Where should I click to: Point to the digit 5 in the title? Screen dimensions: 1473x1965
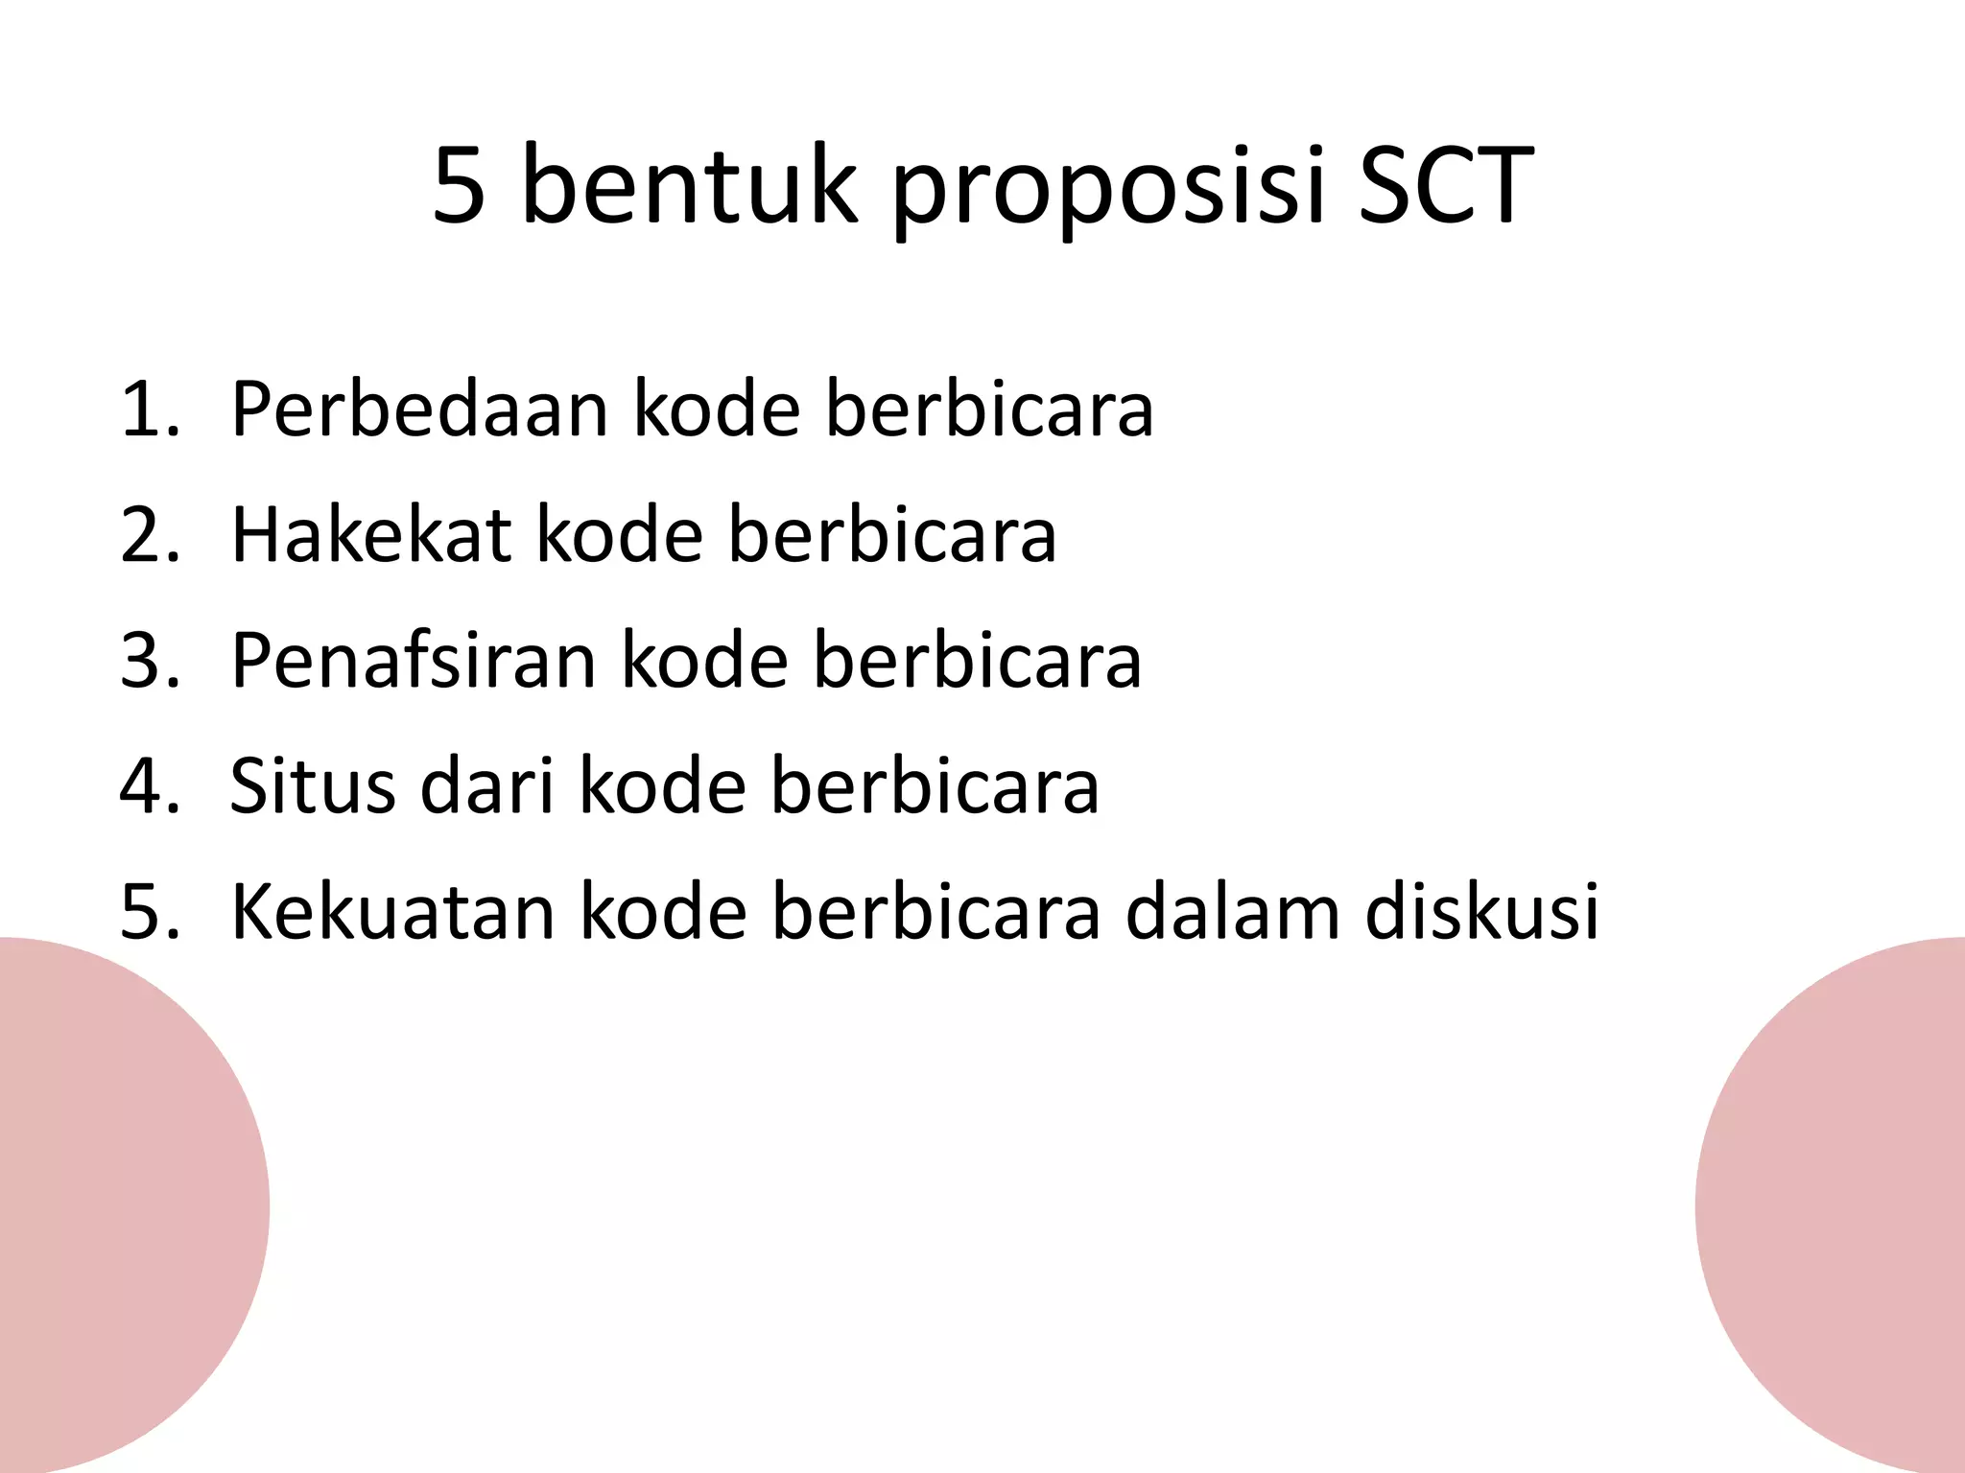pyautogui.click(x=459, y=187)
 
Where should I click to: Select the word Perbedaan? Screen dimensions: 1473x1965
pyautogui.click(x=420, y=409)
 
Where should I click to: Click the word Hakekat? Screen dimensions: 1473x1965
pyautogui.click(x=371, y=535)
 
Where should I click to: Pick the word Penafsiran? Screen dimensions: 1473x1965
pyautogui.click(x=414, y=661)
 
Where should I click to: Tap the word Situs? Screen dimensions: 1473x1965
pyautogui.click(x=313, y=786)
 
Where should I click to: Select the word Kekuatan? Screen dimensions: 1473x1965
pyautogui.click(x=393, y=912)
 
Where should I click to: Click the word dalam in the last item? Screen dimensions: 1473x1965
pyautogui.click(x=1233, y=912)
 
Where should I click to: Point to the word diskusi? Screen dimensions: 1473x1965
pyautogui.click(x=1482, y=912)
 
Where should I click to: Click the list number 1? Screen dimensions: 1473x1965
pyautogui.click(x=150, y=410)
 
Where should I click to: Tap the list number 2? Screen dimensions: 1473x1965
pyautogui.click(x=150, y=536)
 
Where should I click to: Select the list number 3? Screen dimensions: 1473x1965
pyautogui.click(x=150, y=662)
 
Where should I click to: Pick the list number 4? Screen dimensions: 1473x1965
pyautogui.click(x=150, y=787)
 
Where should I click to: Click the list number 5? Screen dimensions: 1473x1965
pyautogui.click(x=150, y=913)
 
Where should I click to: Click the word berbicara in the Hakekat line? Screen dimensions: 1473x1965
pyautogui.click(x=892, y=535)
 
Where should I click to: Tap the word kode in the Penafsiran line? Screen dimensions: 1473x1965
pyautogui.click(x=705, y=661)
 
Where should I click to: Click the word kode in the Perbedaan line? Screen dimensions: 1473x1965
pyautogui.click(x=717, y=409)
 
